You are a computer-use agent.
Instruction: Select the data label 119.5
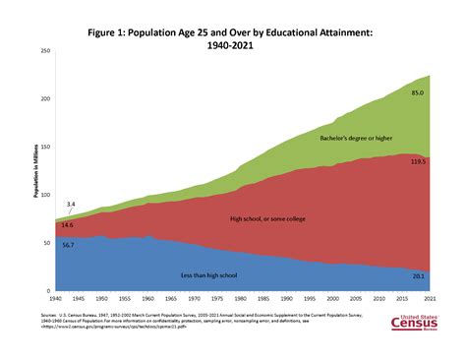click(x=417, y=160)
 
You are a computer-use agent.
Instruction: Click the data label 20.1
click(x=418, y=276)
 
